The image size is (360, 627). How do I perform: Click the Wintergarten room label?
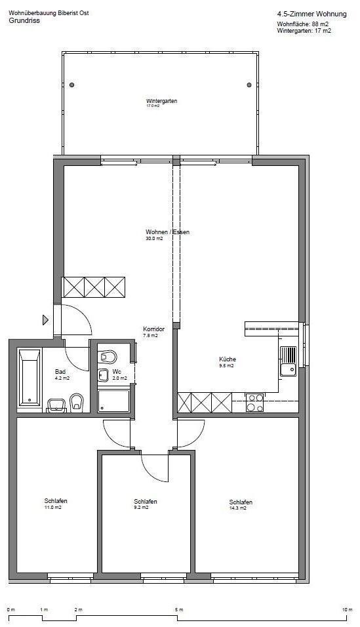161,101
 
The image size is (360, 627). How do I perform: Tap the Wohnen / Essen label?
168,232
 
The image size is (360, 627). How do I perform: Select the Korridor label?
154,329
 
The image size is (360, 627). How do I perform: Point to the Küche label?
227,359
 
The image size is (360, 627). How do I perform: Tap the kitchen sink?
288,361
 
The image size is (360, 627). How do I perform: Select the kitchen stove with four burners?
254,403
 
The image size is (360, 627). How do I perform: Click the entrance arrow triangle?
46,319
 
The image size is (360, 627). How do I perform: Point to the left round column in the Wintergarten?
71,85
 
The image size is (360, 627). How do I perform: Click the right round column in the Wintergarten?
249,85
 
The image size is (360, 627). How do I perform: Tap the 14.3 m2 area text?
237,508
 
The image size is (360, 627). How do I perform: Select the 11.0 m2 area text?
53,507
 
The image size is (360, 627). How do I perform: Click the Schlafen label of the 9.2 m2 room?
145,502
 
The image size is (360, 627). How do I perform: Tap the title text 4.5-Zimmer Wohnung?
311,14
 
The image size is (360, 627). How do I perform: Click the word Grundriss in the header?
24,20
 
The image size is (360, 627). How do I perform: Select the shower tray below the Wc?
114,401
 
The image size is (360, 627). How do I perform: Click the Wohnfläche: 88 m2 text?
303,24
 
